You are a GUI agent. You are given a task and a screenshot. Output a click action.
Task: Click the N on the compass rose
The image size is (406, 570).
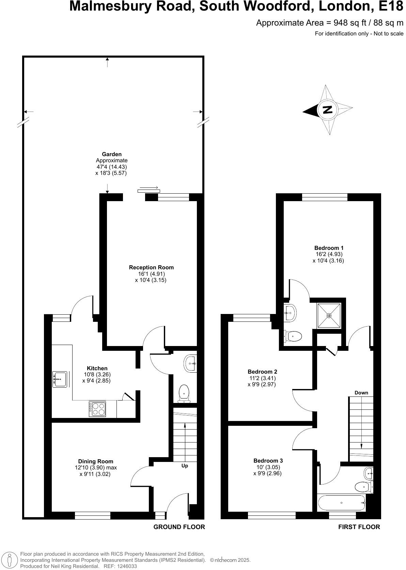327,110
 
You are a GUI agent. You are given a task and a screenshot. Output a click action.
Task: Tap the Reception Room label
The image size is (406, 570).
151,268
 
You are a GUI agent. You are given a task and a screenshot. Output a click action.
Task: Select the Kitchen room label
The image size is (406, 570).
97,368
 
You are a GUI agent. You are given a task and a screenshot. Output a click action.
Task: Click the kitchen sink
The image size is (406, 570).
60,379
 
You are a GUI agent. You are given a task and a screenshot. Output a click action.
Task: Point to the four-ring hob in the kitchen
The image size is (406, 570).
98,409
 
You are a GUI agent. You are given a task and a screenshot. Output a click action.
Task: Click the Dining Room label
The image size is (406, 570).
96,461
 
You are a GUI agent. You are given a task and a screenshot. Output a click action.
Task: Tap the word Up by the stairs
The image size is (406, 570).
185,466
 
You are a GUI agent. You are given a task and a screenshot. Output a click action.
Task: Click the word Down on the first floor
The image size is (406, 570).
361,393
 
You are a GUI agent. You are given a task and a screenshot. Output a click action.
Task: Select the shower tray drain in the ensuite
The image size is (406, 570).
329,316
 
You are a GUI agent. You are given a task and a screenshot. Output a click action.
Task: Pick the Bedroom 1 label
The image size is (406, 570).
329,248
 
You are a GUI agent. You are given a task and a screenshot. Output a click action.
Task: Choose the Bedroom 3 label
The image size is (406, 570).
268,461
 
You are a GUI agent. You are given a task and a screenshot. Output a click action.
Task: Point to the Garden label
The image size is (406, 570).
112,154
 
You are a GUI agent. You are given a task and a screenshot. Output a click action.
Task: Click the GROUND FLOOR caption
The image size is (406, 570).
179,527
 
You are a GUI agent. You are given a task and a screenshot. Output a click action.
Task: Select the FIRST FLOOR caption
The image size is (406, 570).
359,527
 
